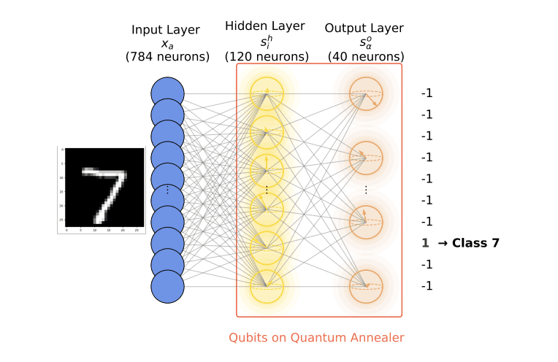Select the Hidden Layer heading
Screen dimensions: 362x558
[265, 26]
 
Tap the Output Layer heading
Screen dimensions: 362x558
[364, 28]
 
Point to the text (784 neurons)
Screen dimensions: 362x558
[167, 56]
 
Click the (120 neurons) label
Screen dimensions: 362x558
[267, 56]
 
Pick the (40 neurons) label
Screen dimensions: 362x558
[364, 56]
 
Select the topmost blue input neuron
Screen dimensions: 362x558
[167, 93]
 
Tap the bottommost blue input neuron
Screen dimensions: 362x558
[167, 286]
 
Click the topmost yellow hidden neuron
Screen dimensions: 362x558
[267, 93]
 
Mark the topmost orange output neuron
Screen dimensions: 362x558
[365, 93]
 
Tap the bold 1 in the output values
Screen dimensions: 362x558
[424, 243]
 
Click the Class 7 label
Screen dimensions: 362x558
[475, 243]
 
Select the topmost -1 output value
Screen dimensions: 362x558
[427, 93]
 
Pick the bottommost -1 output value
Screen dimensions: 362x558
[427, 286]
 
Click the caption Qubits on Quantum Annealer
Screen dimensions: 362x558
[316, 337]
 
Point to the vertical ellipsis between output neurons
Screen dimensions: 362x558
[366, 190]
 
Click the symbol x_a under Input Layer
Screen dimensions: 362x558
[167, 43]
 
